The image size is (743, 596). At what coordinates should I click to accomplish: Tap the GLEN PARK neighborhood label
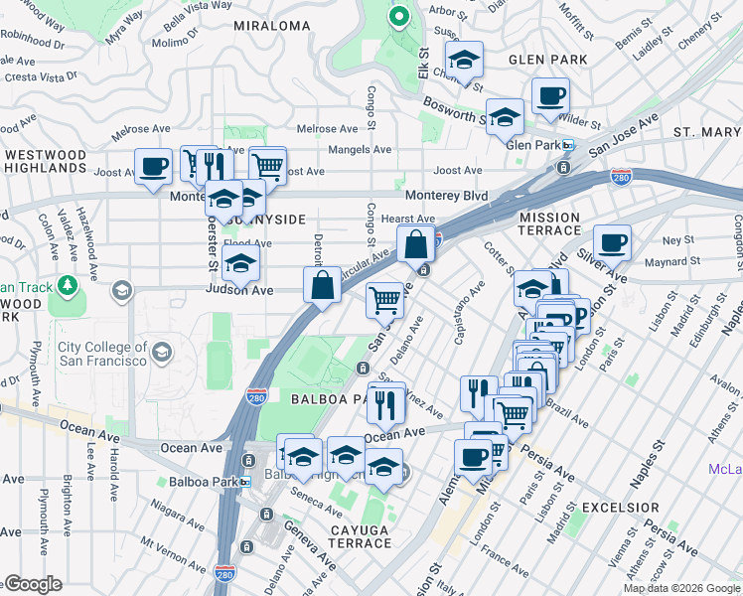[x=547, y=60]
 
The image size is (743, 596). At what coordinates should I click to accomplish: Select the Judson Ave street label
[x=238, y=290]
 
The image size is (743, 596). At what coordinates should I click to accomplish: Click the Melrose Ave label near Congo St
[x=328, y=129]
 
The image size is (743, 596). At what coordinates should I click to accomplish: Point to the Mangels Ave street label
[x=361, y=150]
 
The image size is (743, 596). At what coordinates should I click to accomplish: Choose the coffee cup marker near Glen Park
[x=550, y=97]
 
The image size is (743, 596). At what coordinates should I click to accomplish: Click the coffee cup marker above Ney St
[x=612, y=242]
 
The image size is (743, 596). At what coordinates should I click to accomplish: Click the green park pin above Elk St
[x=398, y=17]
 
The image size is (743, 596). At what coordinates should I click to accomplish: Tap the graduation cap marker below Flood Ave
[x=239, y=264]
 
